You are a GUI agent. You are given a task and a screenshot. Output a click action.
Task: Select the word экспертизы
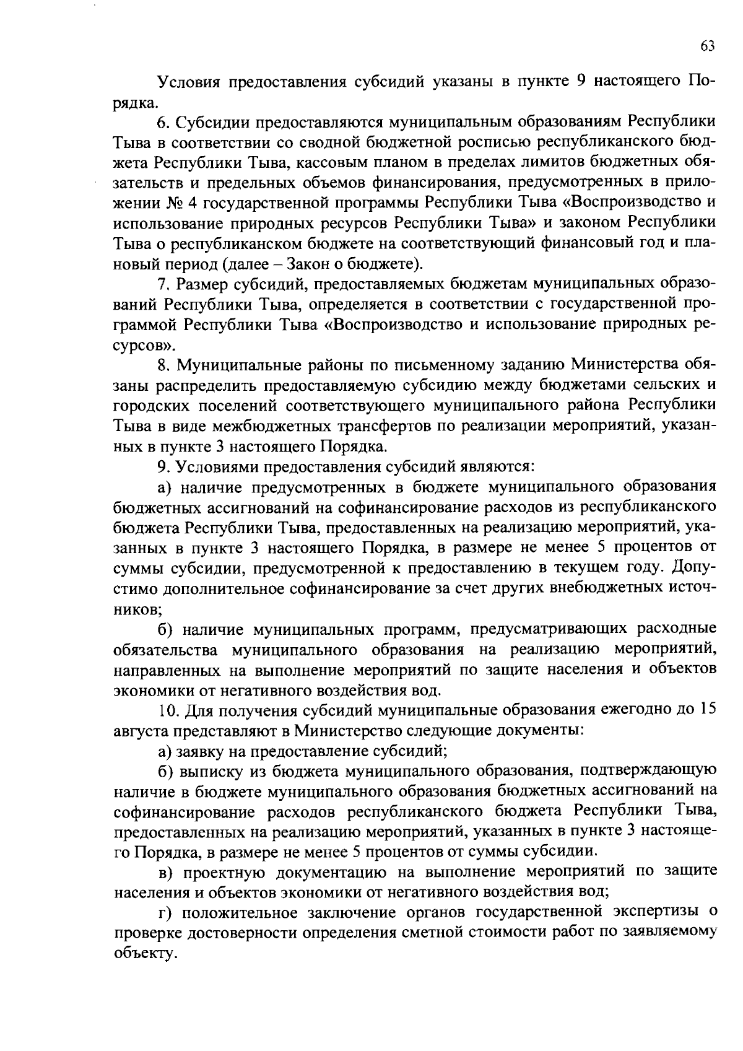(656, 912)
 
